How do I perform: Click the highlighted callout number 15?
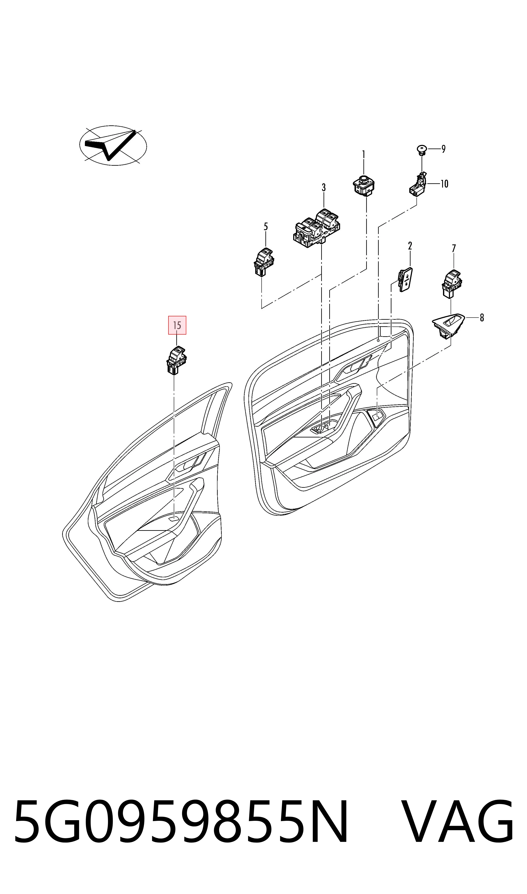(177, 325)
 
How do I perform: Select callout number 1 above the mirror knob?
(363, 155)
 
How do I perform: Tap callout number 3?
(324, 188)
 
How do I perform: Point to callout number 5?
(266, 227)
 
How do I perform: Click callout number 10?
(444, 184)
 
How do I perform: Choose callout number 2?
(410, 246)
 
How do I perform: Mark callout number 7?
(454, 248)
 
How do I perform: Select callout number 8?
(482, 318)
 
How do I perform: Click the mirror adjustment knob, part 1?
(364, 185)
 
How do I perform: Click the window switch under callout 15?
(177, 360)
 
